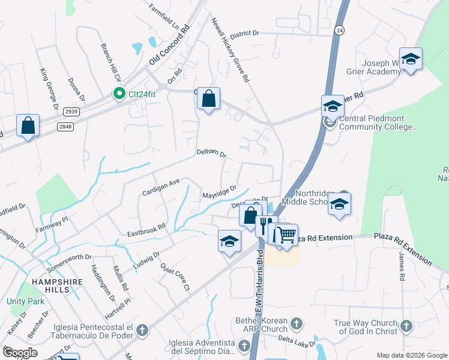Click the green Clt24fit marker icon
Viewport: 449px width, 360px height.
(x=119, y=94)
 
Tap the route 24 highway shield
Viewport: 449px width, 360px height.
(x=340, y=30)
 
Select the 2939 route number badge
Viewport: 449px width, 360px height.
(x=72, y=112)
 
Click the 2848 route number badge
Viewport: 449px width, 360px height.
(x=65, y=127)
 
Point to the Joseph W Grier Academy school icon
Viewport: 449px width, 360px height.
(x=411, y=59)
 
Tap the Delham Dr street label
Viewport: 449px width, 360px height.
(x=211, y=154)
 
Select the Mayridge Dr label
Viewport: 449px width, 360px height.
(x=220, y=192)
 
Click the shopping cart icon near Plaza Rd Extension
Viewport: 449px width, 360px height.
(x=287, y=235)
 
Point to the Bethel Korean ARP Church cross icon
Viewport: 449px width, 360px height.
(x=295, y=325)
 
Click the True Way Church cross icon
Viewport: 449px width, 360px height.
(x=406, y=326)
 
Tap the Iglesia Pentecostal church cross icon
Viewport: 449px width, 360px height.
(x=142, y=330)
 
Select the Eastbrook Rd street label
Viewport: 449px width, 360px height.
(x=146, y=230)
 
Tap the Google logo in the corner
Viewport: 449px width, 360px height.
(x=20, y=353)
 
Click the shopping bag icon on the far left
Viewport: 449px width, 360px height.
(x=28, y=125)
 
